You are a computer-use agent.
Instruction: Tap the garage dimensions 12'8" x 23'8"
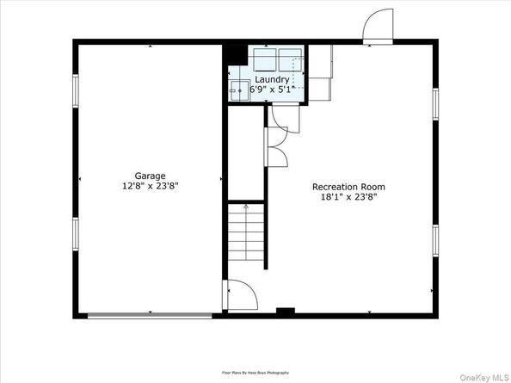(150, 186)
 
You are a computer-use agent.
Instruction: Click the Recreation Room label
(348, 186)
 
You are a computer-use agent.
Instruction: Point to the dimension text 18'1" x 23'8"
(348, 197)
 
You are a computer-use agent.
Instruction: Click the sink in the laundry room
(237, 90)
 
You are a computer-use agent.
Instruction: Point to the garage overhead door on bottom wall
(150, 316)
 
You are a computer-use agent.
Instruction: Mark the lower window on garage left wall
(76, 232)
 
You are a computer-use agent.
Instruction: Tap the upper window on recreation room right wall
(436, 101)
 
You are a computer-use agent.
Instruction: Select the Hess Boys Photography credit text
(255, 372)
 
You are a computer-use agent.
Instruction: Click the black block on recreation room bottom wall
(286, 310)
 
